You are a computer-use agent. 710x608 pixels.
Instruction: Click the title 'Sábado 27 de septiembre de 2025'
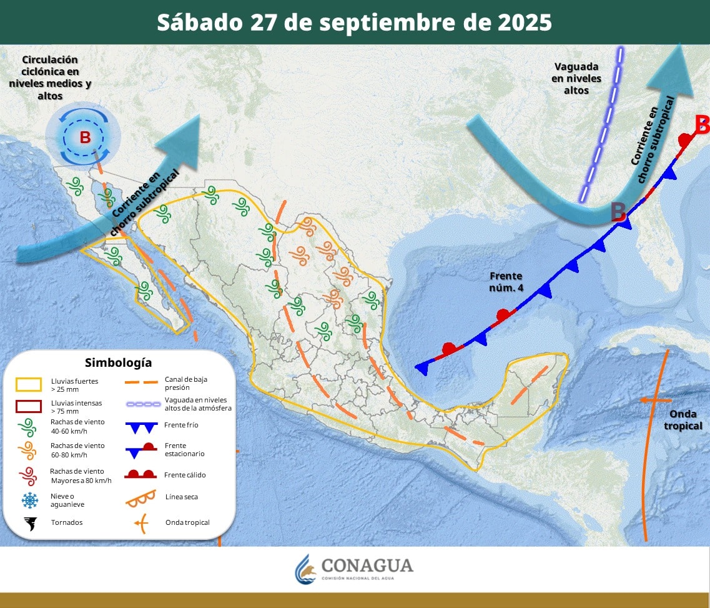354,22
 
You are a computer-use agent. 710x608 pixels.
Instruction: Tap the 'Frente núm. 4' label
506,281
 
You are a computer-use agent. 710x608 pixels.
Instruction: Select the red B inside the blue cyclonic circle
85,137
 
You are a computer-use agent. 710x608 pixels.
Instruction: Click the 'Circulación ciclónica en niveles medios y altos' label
50,77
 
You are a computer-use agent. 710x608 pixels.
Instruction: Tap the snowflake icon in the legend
29,500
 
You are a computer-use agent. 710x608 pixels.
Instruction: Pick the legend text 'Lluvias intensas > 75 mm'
76,407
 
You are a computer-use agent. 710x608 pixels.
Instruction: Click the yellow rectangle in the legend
29,384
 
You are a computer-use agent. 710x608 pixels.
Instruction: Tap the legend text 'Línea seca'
182,497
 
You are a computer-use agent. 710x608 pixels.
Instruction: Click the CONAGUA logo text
367,566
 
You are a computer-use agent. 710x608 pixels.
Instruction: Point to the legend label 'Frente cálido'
185,475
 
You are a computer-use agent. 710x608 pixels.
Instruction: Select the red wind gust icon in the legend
29,476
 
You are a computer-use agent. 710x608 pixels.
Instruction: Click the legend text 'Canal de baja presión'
185,383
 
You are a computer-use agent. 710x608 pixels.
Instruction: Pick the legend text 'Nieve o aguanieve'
68,500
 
